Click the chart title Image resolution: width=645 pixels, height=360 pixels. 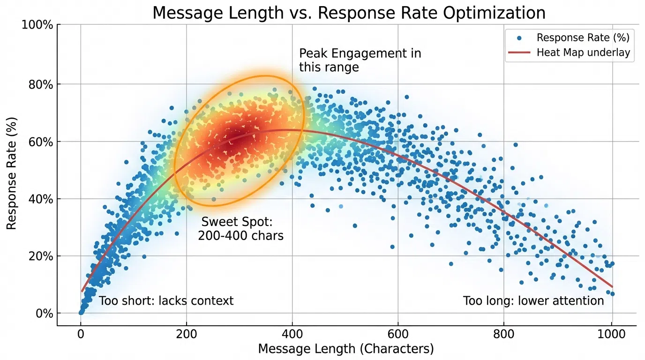click(x=349, y=13)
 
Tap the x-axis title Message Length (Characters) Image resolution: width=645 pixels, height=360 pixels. click(x=346, y=349)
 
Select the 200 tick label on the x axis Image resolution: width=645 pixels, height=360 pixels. click(x=187, y=334)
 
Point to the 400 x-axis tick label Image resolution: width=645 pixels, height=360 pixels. click(x=292, y=334)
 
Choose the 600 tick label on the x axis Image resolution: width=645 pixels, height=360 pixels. click(x=398, y=334)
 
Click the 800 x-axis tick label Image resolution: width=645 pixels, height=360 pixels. click(x=503, y=334)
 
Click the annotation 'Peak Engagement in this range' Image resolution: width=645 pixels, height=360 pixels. click(x=360, y=60)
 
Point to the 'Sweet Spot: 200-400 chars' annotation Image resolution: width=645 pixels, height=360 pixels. click(x=240, y=229)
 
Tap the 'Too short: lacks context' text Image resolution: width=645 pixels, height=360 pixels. click(x=166, y=300)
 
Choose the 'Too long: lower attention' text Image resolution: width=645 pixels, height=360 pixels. click(x=533, y=300)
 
